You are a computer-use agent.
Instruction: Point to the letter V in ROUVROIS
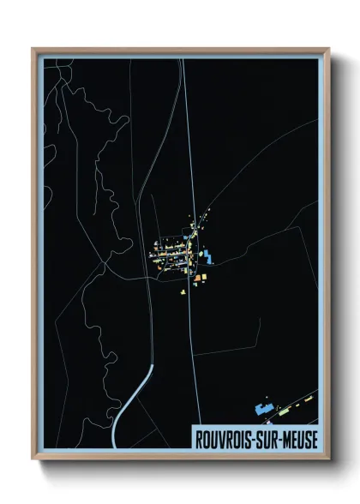[x=221, y=438]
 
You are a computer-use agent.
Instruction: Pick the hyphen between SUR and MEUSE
[x=285, y=438]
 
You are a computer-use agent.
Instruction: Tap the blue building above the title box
[x=264, y=410]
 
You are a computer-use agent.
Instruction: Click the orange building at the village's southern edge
[x=196, y=279]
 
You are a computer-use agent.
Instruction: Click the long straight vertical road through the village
[x=189, y=171]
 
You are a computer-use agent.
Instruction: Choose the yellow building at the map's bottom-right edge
[x=314, y=393]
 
